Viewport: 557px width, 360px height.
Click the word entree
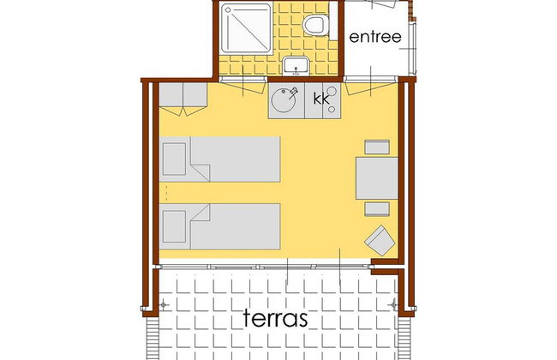[375, 37]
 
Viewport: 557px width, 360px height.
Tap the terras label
[275, 317]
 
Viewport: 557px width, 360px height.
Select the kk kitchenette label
[321, 99]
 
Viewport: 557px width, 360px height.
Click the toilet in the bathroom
[315, 25]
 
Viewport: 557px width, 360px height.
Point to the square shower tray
[246, 28]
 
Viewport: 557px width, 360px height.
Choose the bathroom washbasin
[296, 66]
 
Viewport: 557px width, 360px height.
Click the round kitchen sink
[284, 100]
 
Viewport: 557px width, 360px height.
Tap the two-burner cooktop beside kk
[332, 100]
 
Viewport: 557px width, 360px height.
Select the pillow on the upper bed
[174, 159]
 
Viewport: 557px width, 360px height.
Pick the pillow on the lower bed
[174, 226]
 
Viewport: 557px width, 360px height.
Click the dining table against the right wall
[377, 178]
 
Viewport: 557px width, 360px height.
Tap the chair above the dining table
[377, 147]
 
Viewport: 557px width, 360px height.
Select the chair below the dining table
[377, 209]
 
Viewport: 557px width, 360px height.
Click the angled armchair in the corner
[380, 241]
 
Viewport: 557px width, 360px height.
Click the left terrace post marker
[163, 304]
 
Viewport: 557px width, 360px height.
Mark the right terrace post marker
[393, 304]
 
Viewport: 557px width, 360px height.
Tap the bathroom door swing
[243, 86]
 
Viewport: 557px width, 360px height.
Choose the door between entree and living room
[371, 86]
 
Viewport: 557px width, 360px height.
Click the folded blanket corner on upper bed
[201, 172]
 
